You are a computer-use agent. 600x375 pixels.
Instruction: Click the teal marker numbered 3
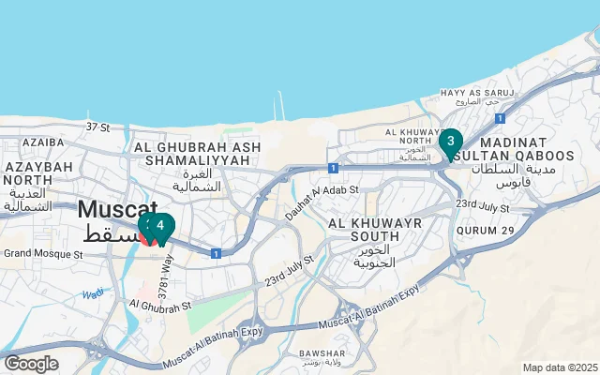[450, 142]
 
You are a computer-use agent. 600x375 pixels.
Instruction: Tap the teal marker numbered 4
[161, 226]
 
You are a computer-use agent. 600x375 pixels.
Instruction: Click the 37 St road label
[98, 126]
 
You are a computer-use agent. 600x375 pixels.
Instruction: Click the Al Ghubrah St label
[161, 305]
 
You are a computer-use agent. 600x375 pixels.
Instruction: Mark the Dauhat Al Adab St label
[322, 202]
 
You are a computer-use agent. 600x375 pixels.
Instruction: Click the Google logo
[31, 364]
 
